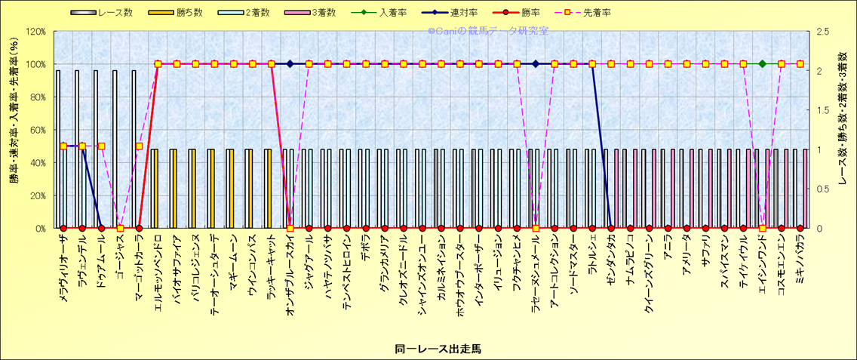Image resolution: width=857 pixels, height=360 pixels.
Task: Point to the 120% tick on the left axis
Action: point(35,31)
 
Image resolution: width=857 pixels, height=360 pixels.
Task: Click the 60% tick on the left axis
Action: point(37,130)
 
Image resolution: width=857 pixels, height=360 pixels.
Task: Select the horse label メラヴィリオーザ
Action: point(63,268)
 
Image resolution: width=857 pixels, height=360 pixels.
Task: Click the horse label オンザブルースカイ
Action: point(290,270)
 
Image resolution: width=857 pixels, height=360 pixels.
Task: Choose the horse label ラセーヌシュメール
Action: point(536,270)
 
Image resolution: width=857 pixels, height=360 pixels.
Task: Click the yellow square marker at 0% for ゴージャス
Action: point(120,228)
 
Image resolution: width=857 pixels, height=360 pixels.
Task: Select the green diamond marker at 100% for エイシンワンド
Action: point(763,64)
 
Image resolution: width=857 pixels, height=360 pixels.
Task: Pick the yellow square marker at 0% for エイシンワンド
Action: point(763,228)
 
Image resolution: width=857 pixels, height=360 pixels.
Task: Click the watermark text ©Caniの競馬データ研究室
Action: point(487,31)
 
